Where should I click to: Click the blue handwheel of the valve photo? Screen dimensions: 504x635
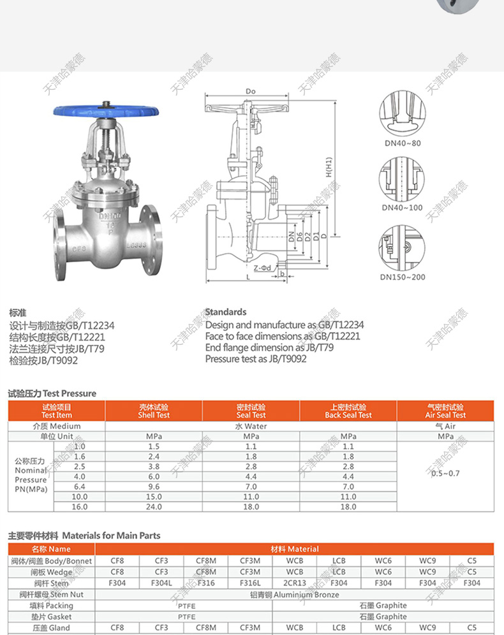coord(106,110)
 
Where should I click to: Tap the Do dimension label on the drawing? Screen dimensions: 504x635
coord(250,91)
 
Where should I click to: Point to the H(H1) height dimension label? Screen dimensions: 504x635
coord(329,167)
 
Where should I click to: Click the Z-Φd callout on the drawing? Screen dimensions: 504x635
coord(262,268)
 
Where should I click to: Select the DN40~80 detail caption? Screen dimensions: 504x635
coord(403,143)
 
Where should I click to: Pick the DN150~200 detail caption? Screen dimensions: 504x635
coord(403,277)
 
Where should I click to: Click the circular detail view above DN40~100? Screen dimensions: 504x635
coord(402,179)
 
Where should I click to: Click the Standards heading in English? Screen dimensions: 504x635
coord(226,312)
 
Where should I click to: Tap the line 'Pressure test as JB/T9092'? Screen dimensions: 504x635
coord(256,359)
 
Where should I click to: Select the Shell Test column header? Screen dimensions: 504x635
coord(154,411)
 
